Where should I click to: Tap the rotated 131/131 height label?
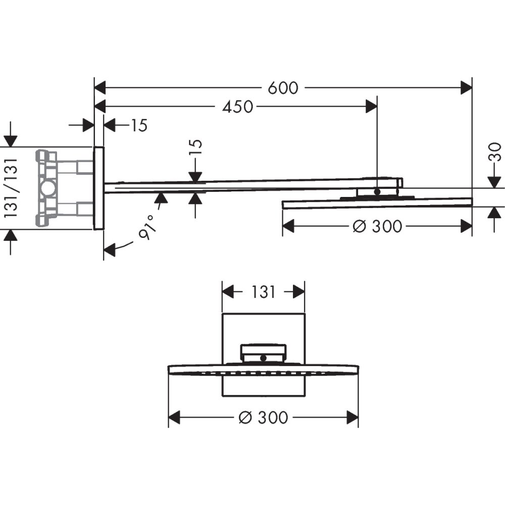[x=11, y=187]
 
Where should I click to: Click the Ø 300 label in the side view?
[x=377, y=226]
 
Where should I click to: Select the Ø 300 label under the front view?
[x=263, y=418]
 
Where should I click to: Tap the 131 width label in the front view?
[x=263, y=291]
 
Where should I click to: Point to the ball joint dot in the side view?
[x=377, y=191]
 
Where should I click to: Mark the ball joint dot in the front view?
[x=263, y=358]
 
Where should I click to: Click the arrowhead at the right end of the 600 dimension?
[x=466, y=88]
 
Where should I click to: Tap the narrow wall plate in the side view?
[x=98, y=188]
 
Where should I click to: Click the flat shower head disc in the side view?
[x=377, y=203]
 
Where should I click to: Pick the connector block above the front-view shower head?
[x=263, y=351]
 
